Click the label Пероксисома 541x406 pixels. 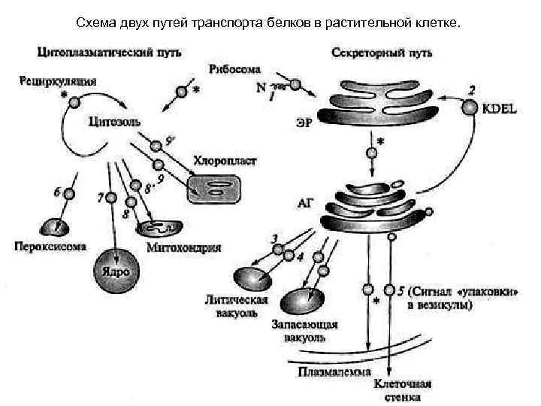[x=50, y=246]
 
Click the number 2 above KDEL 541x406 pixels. [x=471, y=90]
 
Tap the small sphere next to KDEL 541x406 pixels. [x=469, y=108]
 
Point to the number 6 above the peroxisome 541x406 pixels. [x=57, y=192]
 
